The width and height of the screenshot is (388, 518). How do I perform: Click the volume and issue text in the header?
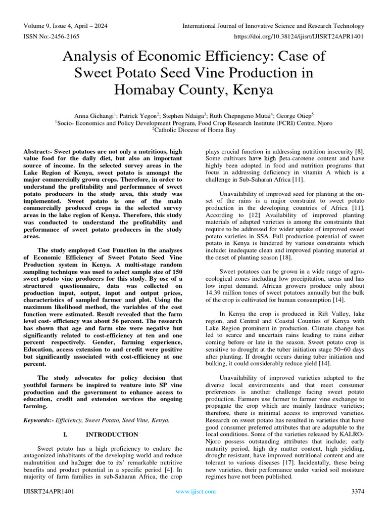[x=65, y=26]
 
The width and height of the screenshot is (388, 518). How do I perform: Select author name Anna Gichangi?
[x=94, y=115]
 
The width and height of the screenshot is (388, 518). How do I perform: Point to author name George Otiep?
[x=295, y=115]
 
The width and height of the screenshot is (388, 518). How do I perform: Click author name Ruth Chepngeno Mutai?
[x=241, y=115]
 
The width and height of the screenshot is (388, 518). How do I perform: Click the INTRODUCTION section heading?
[x=112, y=435]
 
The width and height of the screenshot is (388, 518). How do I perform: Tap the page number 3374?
[x=357, y=491]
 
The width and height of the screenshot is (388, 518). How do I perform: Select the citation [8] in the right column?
[x=359, y=152]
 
